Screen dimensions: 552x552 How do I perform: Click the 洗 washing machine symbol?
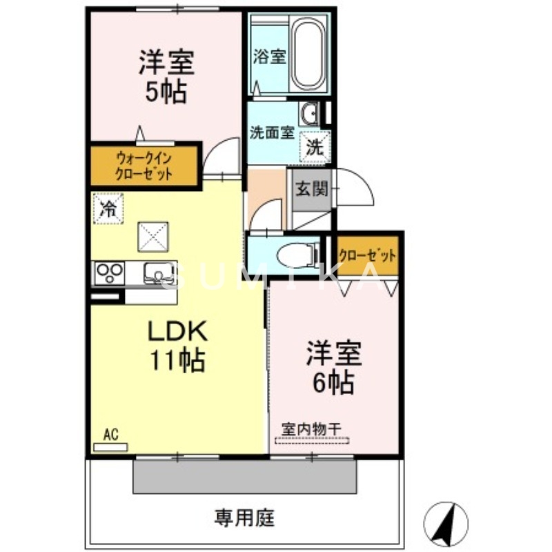coord(315,146)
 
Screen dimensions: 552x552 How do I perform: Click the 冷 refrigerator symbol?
coord(108,208)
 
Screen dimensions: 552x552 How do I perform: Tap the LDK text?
coord(176,333)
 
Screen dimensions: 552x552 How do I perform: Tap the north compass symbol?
coord(445,522)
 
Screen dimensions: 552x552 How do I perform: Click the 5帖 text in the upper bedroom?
coord(166,91)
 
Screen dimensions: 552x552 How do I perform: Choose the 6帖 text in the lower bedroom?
coord(333,381)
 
